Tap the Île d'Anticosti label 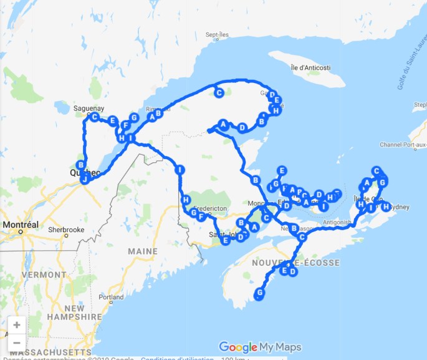(x=310, y=67)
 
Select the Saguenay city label (x=87, y=108)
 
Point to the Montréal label (x=21, y=225)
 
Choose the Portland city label (x=110, y=297)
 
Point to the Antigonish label (x=339, y=221)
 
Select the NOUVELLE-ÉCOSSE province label (x=296, y=263)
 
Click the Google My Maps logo (x=260, y=348)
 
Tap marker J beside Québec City (x=85, y=179)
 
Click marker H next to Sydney (x=385, y=207)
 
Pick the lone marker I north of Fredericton (x=180, y=170)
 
